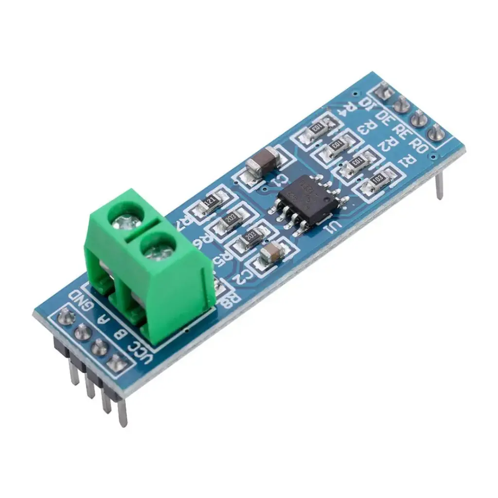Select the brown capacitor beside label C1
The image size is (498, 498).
click(263, 161)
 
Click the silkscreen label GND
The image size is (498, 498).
click(81, 300)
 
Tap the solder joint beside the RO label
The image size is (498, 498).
click(436, 131)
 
